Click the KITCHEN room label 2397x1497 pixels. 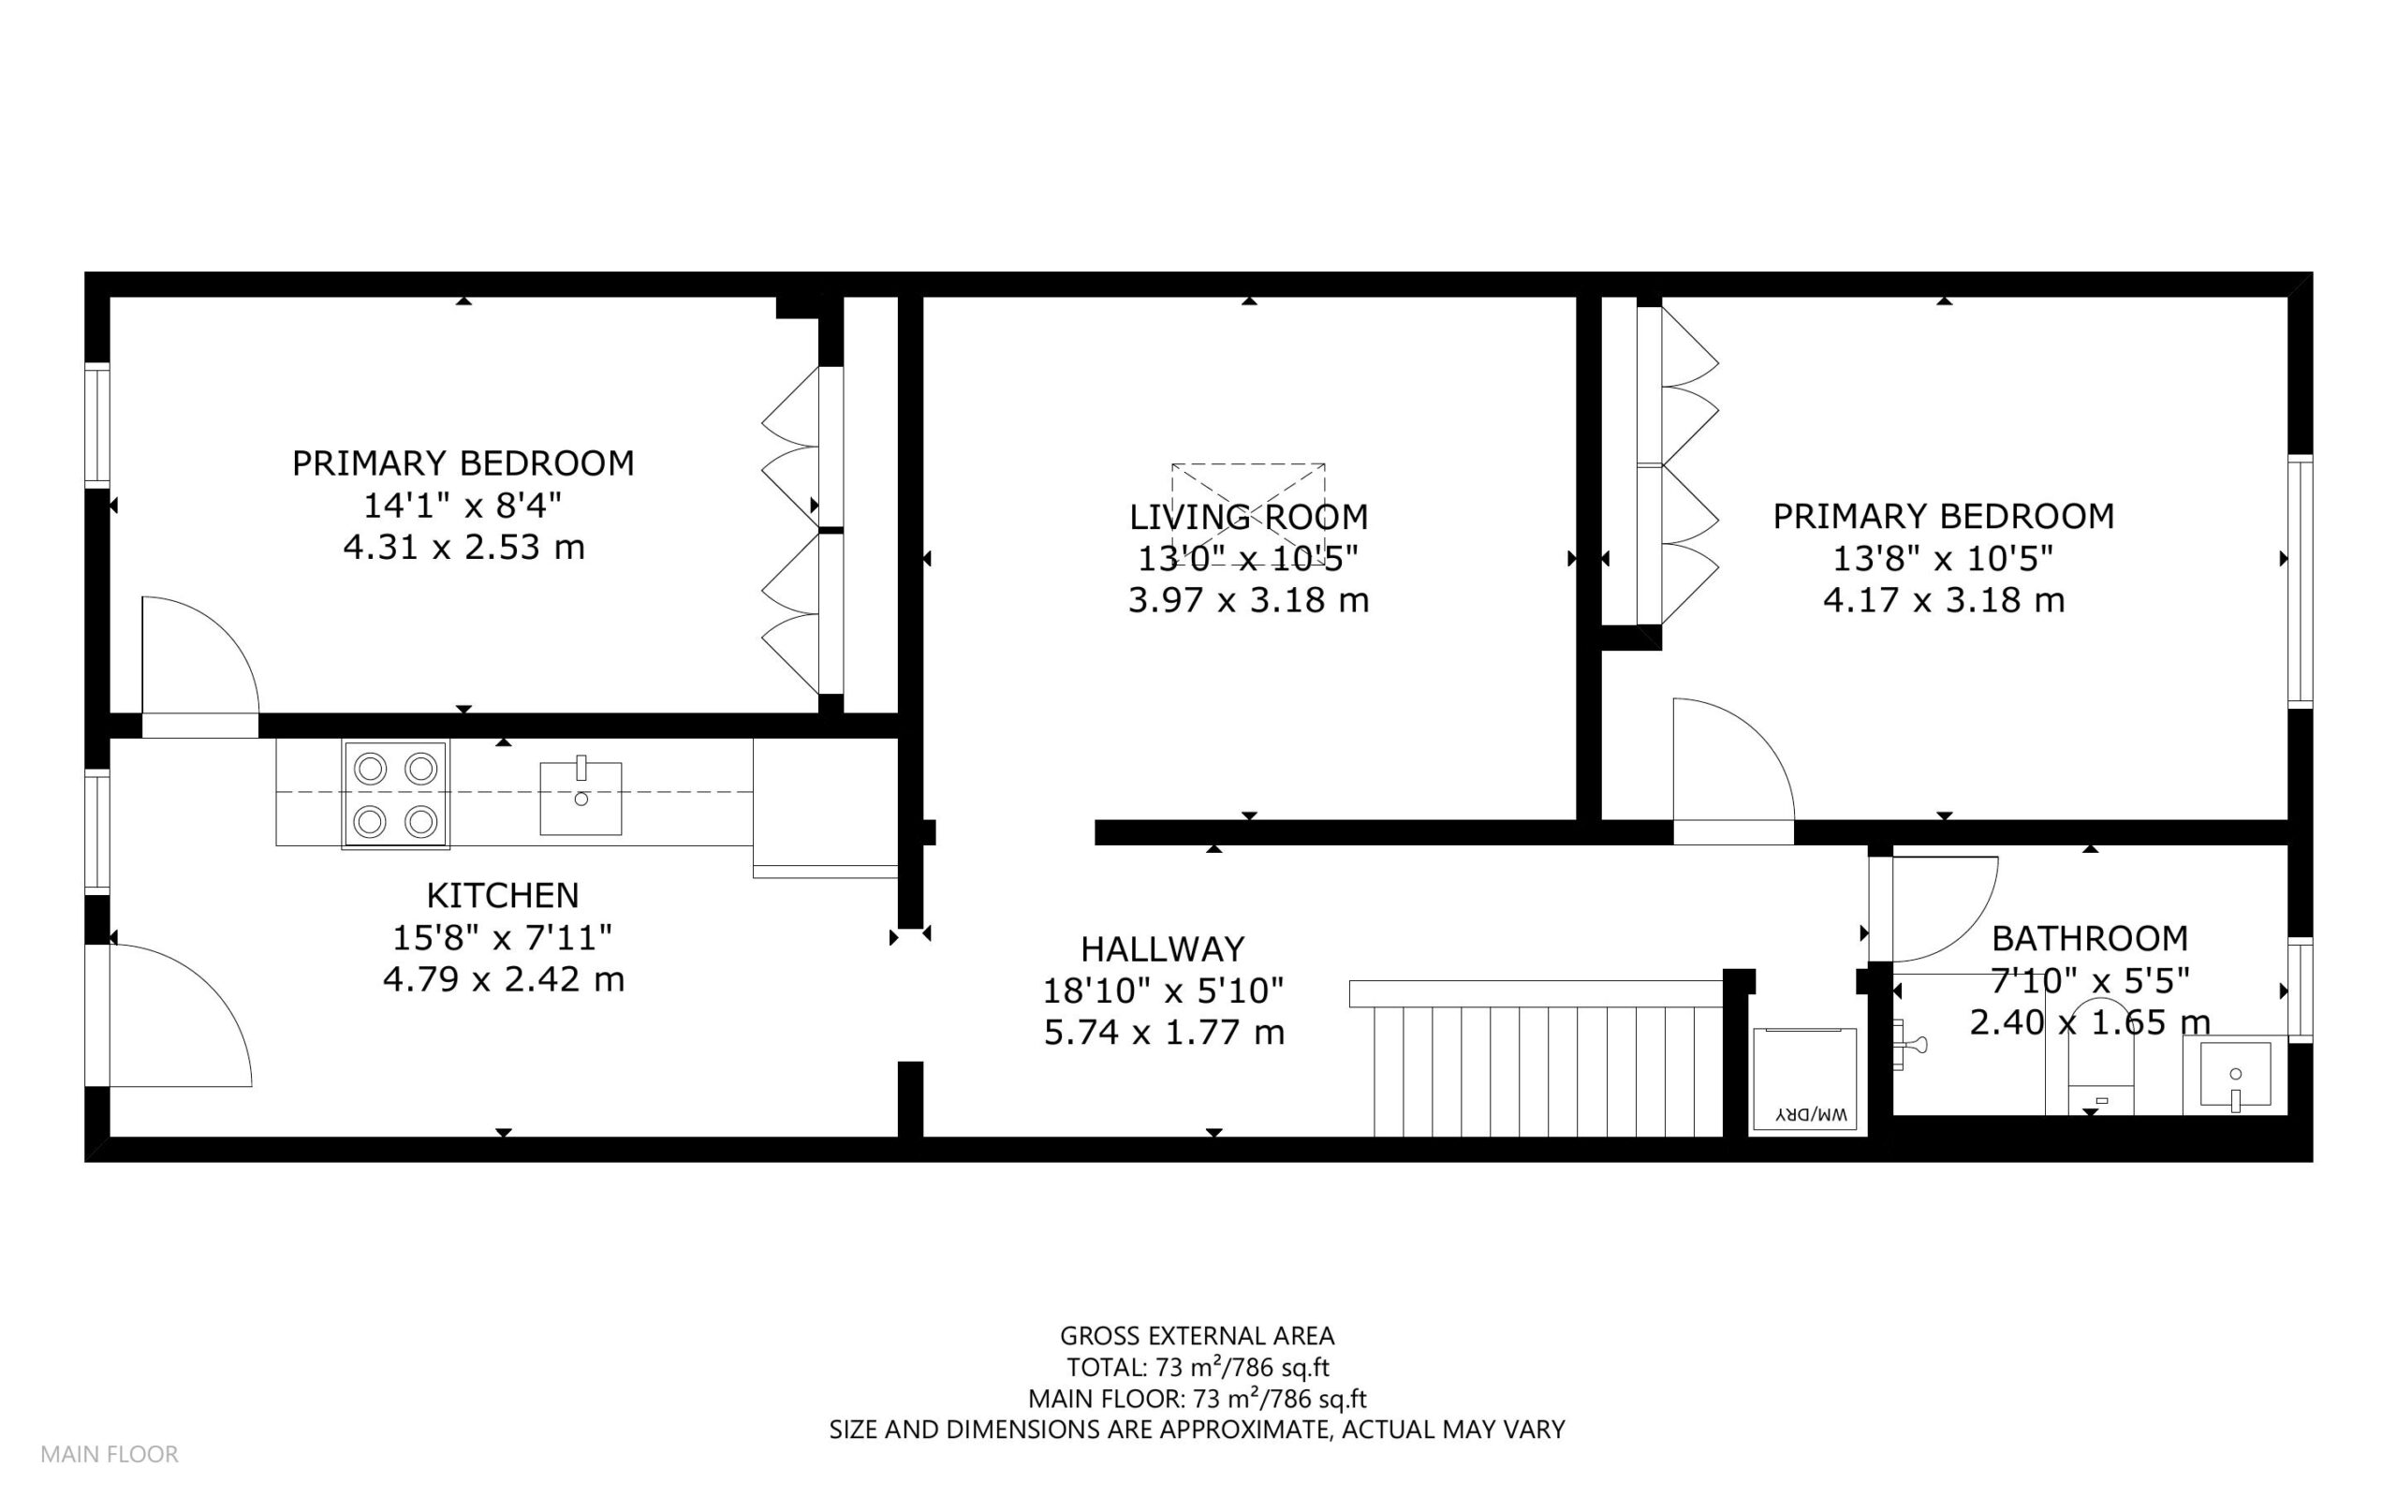point(502,895)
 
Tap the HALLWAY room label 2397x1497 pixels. point(1162,949)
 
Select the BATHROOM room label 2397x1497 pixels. point(2089,937)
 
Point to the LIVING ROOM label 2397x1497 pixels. point(1248,517)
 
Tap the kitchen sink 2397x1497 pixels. point(581,798)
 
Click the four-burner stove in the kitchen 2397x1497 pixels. point(395,794)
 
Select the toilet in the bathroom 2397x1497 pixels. point(2101,1060)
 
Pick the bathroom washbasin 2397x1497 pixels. point(2235,1077)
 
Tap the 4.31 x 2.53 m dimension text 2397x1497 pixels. point(463,547)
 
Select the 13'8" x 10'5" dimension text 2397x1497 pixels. point(1943,558)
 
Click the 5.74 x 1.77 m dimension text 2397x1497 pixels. point(1163,1033)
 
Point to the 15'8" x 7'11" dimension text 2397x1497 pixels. point(502,936)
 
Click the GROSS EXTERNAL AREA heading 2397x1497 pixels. point(1197,1336)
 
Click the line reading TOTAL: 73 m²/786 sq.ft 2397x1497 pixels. point(1197,1367)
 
